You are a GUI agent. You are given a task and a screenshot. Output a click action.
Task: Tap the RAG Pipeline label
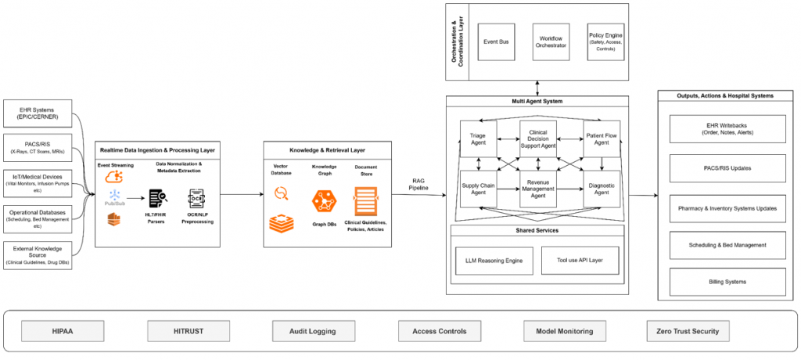(x=418, y=185)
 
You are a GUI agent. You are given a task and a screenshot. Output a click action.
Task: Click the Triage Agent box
(x=479, y=139)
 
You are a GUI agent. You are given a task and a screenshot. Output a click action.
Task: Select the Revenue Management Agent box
(x=543, y=189)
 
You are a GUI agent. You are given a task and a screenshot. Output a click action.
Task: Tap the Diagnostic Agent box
(x=602, y=189)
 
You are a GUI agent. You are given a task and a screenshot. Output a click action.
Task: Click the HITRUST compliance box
(x=188, y=331)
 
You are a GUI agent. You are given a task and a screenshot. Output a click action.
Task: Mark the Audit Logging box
(x=313, y=331)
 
